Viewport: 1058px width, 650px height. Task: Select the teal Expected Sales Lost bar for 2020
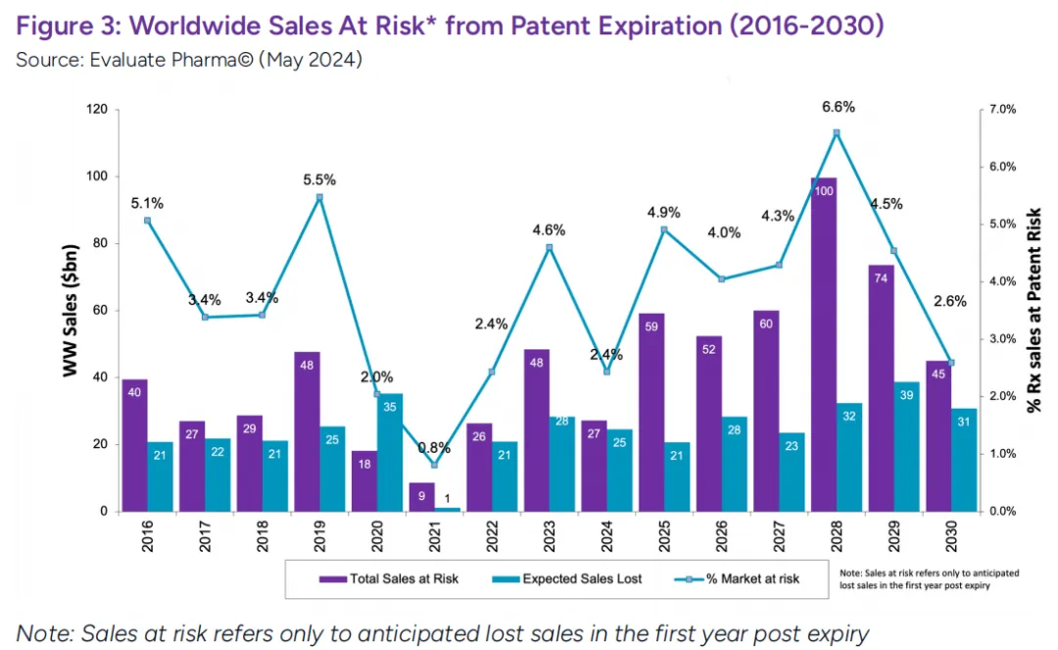pyautogui.click(x=389, y=453)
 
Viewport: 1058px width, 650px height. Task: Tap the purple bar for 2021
pyautogui.click(x=421, y=497)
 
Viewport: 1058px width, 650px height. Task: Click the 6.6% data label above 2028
pyautogui.click(x=839, y=107)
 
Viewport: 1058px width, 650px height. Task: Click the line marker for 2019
pyautogui.click(x=319, y=197)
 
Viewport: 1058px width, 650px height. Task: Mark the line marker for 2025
pyautogui.click(x=664, y=230)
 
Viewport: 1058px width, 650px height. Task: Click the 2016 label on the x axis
pyautogui.click(x=148, y=538)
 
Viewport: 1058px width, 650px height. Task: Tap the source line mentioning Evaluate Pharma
pyautogui.click(x=189, y=60)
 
